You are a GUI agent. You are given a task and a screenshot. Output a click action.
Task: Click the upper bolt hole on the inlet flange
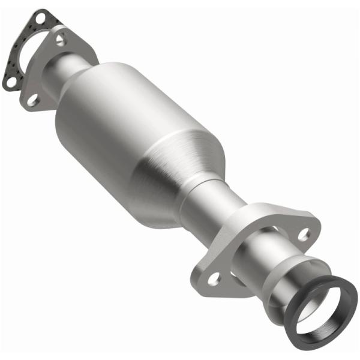pyautogui.click(x=61, y=40)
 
